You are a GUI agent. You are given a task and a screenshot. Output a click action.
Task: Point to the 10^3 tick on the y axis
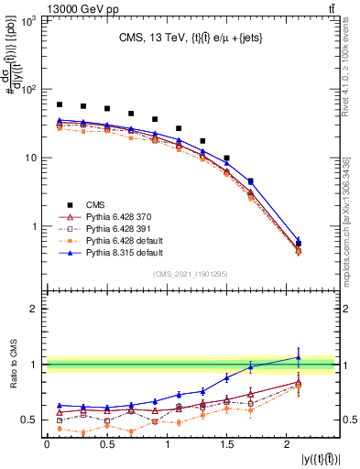(28, 21)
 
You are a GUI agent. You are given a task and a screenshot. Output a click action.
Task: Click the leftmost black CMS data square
(60, 104)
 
